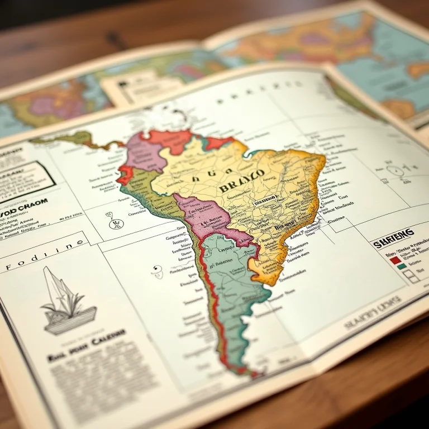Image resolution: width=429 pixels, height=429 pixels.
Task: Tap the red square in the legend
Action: (x=395, y=259)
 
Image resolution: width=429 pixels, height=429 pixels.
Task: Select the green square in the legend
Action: (x=401, y=266)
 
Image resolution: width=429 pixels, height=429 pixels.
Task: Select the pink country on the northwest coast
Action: (x=145, y=152)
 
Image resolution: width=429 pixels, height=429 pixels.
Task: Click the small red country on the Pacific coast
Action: (x=125, y=175)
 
